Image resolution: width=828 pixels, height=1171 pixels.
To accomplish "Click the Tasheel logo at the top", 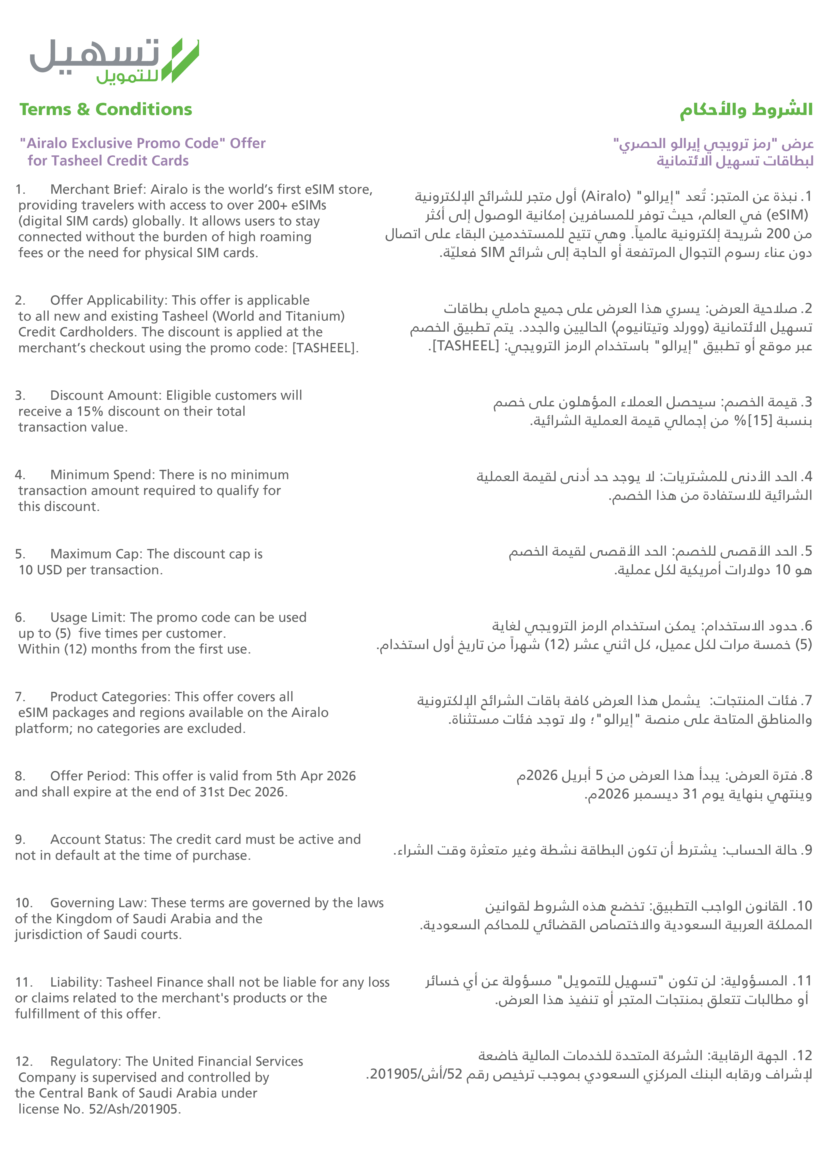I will coord(114,60).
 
